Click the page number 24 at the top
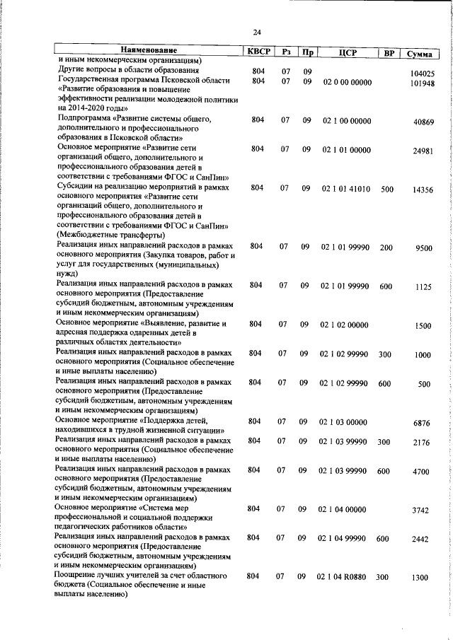coord(257,31)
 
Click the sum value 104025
coord(422,73)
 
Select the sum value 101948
coord(422,83)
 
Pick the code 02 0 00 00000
coord(346,83)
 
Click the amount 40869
coord(424,122)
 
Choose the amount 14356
coord(424,190)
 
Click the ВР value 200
coord(386,247)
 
